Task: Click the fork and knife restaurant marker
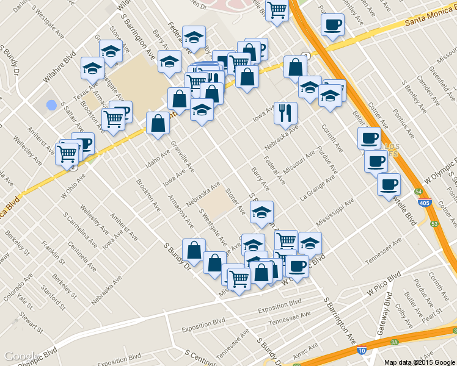pyautogui.click(x=285, y=112)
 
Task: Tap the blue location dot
pyautogui.click(x=51, y=105)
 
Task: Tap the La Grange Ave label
pyautogui.click(x=315, y=189)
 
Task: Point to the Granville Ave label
pyautogui.click(x=183, y=157)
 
